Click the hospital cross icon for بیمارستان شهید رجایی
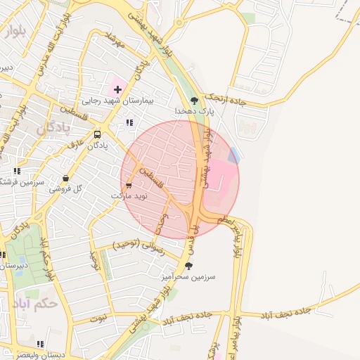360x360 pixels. [x=117, y=89]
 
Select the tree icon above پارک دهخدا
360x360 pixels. [x=195, y=101]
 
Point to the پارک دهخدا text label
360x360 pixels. [x=195, y=112]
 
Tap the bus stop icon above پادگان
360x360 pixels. [x=97, y=134]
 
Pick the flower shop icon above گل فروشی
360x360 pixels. [x=66, y=178]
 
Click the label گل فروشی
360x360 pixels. [x=65, y=189]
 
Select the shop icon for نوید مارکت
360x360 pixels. [x=128, y=185]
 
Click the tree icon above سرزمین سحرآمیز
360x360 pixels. [x=188, y=266]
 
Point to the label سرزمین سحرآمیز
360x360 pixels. [x=188, y=277]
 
